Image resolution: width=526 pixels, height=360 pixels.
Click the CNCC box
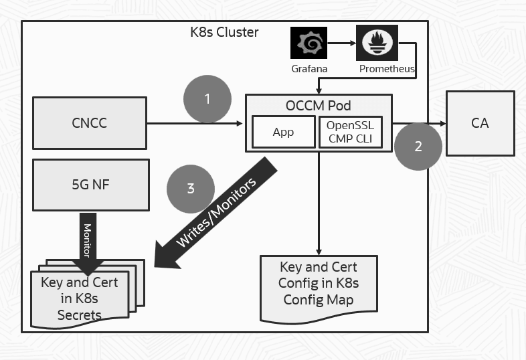89,123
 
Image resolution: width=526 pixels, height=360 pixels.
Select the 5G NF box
89,185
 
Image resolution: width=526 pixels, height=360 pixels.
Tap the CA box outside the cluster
479,123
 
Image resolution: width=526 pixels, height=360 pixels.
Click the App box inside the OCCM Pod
283,132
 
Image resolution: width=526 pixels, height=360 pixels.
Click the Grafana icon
309,43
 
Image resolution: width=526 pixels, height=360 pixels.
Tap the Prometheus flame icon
377,43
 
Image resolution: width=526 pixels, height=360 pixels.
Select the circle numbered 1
207,99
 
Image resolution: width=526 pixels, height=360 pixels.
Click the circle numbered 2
418,147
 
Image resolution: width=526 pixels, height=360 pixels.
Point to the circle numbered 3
191,188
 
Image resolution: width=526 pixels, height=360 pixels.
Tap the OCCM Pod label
318,106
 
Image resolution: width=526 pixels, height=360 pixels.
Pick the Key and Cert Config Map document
318,288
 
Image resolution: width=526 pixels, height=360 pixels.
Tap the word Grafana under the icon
309,69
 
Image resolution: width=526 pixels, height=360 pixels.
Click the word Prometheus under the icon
387,69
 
